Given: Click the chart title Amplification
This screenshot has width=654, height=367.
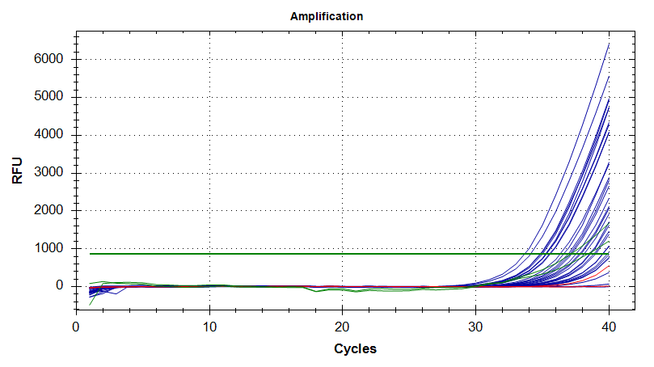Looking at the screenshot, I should click(327, 16).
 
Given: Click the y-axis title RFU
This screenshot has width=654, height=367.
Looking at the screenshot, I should click(17, 172).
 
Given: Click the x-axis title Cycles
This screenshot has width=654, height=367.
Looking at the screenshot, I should click(354, 349).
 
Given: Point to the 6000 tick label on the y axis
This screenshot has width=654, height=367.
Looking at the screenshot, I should click(49, 60).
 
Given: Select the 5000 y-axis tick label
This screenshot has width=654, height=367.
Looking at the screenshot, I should click(49, 97).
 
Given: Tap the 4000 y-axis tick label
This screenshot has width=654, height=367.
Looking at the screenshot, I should click(49, 135).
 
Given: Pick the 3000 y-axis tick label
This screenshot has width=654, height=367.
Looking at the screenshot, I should click(49, 173).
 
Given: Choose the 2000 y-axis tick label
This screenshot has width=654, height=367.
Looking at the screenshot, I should click(49, 210).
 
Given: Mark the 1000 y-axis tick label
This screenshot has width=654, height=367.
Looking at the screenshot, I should click(49, 248).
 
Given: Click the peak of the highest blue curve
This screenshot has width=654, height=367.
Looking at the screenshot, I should click(608, 44).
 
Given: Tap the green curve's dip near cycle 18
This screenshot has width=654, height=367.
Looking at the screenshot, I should click(316, 291).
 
